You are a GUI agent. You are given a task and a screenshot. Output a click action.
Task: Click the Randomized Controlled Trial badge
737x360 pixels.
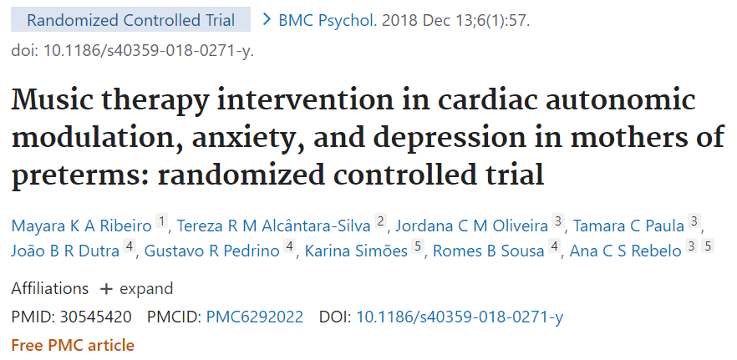click(131, 19)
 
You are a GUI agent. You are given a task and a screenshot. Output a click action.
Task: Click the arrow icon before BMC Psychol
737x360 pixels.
click(267, 19)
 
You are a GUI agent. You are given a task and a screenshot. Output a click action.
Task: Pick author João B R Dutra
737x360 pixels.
click(65, 251)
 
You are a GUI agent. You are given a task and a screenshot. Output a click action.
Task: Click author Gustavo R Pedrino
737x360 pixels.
click(212, 251)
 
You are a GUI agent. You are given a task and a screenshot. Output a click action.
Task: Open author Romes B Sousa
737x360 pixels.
click(487, 251)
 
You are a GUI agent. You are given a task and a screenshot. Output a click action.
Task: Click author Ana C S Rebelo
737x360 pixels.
click(625, 251)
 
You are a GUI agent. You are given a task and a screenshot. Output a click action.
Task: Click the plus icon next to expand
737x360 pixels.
click(105, 289)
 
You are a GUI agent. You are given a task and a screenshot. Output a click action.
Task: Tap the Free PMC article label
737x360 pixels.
click(73, 344)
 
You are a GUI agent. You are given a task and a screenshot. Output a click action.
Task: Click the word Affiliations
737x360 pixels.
click(49, 289)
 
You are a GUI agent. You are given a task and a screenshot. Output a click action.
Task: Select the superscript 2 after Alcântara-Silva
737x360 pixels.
click(380, 222)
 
